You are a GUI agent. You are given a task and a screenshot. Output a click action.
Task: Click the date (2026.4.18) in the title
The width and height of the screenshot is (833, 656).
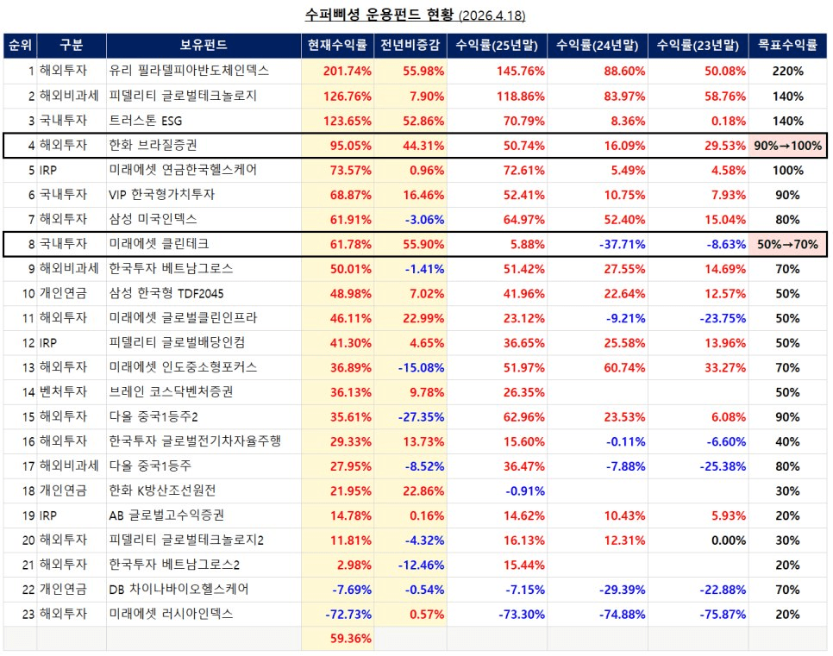(x=492, y=16)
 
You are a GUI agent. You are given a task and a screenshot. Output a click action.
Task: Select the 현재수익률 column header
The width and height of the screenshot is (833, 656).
(x=337, y=46)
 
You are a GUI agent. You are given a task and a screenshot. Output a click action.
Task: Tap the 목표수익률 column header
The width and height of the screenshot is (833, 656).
(x=786, y=46)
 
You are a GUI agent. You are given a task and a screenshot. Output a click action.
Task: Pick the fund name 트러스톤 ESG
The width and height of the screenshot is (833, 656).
(x=146, y=121)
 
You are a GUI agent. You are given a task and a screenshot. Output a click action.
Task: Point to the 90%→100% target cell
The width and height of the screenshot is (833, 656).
(x=786, y=146)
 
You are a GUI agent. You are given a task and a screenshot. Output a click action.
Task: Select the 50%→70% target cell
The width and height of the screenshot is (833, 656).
(x=786, y=245)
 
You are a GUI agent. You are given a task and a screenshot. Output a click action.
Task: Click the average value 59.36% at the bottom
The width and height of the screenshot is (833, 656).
(x=350, y=639)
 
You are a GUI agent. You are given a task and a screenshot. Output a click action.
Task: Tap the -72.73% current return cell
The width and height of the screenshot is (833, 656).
(x=348, y=615)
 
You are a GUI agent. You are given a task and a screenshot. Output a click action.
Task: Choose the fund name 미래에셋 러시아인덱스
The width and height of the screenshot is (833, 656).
(x=171, y=615)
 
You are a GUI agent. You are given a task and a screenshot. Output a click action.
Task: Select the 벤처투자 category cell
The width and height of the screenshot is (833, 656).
(x=63, y=392)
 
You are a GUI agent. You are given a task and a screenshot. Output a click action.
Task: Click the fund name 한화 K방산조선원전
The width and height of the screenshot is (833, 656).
(x=162, y=490)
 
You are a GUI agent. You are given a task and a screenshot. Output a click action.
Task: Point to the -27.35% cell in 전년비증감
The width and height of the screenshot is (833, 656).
(x=422, y=417)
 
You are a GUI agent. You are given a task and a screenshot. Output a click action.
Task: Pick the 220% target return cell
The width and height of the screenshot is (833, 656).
(x=787, y=71)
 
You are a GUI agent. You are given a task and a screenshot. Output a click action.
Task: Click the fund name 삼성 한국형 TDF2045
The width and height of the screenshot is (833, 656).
(x=166, y=294)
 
